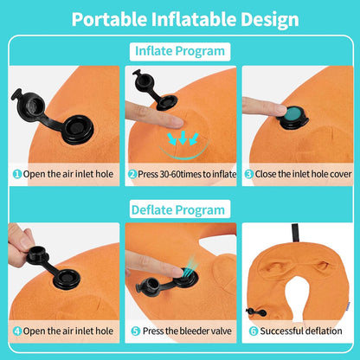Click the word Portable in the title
112,19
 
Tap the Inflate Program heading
179,50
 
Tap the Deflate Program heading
179,209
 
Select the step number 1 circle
17,173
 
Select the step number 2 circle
132,173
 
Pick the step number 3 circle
247,173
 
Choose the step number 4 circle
16,330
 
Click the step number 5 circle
137,330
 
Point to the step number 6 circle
253,330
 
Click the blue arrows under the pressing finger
182,138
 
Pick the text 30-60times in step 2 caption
176,173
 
